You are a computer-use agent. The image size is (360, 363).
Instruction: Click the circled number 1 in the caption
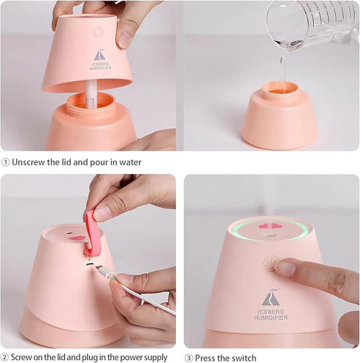click(x=6, y=162)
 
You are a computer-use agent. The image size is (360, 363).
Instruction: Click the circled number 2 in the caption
click(x=6, y=357)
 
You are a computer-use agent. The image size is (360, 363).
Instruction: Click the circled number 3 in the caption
click(x=188, y=357)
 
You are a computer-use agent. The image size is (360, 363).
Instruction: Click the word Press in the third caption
click(x=208, y=357)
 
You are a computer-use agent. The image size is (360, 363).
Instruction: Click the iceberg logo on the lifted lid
click(x=100, y=54)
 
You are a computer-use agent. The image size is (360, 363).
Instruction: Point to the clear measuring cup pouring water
click(x=310, y=26)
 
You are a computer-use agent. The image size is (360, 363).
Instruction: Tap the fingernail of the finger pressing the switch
click(x=286, y=268)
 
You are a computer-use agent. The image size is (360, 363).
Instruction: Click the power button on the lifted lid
click(x=98, y=31)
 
